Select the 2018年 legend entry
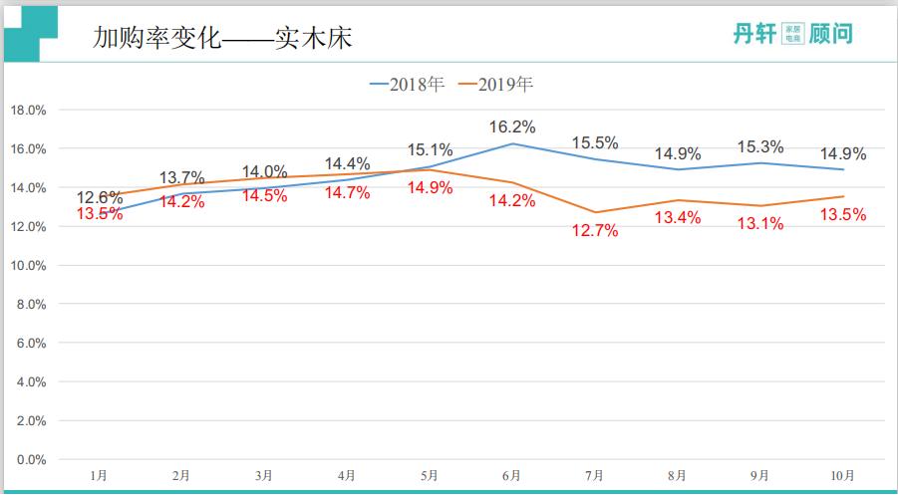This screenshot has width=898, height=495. point(408,85)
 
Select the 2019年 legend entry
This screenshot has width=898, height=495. point(495,85)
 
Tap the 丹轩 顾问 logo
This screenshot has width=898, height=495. point(791,34)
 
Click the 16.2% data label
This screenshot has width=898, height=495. point(512,126)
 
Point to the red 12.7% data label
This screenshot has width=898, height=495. point(595,231)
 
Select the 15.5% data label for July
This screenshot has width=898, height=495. point(595,143)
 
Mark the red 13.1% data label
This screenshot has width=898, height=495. point(760,224)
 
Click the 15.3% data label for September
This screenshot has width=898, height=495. point(760,146)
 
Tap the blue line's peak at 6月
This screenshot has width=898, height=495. point(512,143)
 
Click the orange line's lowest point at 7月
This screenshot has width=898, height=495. point(595,212)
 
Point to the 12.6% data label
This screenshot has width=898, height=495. point(99,196)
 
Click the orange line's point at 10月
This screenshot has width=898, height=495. point(843,196)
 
